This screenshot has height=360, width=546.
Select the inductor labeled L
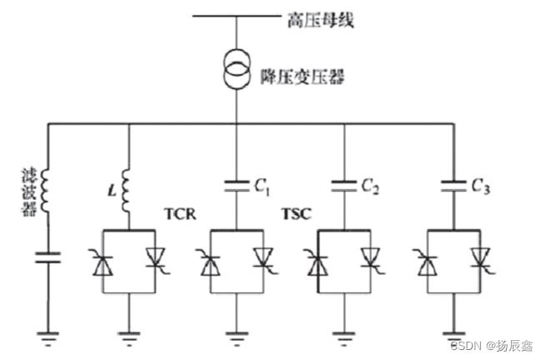click(128, 188)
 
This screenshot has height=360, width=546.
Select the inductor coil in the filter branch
click(47, 189)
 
